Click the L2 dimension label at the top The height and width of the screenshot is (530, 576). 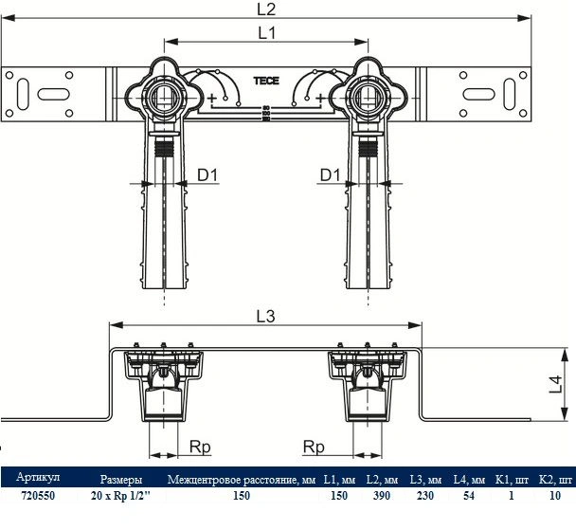tap(266, 9)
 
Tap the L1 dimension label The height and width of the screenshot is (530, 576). tap(267, 33)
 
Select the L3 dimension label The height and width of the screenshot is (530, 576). tap(265, 316)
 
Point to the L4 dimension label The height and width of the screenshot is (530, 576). tap(555, 384)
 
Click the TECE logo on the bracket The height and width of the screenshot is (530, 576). tap(266, 81)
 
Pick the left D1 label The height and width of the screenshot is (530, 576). tap(207, 175)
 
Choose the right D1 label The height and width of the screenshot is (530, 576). tap(331, 175)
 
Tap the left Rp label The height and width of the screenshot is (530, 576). tap(200, 447)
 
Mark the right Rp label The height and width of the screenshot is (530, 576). tap(314, 447)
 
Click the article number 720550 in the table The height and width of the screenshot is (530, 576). tap(38, 496)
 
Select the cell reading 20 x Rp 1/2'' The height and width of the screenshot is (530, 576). tap(121, 496)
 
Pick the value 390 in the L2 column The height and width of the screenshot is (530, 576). tap(381, 496)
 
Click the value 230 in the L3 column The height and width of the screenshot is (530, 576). tap(425, 496)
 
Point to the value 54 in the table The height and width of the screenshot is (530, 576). tap(469, 496)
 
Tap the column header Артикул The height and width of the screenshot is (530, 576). tap(38, 478)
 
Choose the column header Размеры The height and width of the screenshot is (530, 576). tap(121, 480)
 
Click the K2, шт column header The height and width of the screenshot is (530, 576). tap(555, 480)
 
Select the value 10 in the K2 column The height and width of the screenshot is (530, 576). tap(555, 496)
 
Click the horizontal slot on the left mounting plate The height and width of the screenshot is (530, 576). tap(54, 94)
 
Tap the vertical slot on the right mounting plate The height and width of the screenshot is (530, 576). tap(510, 94)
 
